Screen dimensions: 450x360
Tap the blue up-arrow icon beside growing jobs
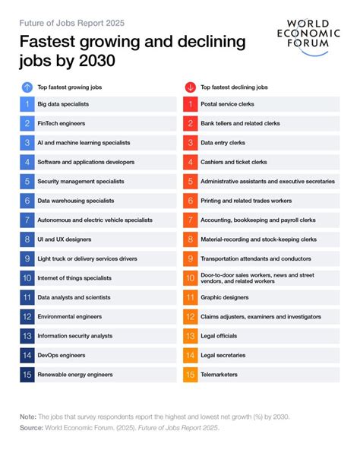click(27, 87)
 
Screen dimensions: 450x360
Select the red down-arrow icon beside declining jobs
click(190, 87)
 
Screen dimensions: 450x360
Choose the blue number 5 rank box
click(27, 181)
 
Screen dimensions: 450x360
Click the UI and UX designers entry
click(65, 239)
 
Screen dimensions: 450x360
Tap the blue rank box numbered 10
click(27, 278)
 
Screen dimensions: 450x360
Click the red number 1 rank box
click(191, 103)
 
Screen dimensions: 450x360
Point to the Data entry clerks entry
click(223, 142)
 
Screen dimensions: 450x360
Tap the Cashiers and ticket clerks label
click(234, 162)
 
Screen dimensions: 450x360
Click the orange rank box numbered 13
click(191, 336)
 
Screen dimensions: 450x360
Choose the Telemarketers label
click(219, 374)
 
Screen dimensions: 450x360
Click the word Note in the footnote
click(29, 416)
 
